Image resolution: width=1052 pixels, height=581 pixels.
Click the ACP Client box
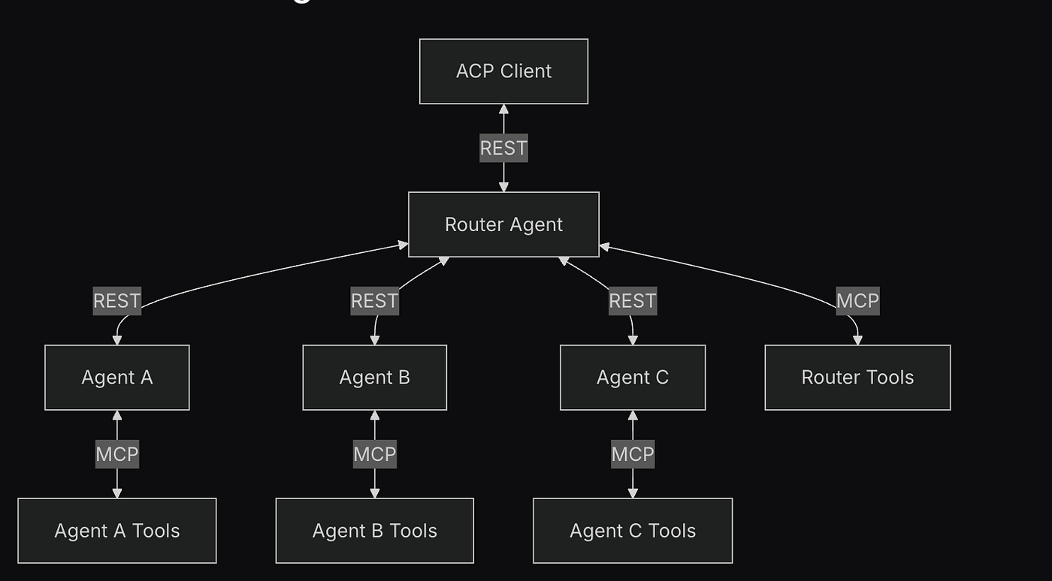coord(503,71)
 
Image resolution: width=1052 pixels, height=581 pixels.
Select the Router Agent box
coord(503,224)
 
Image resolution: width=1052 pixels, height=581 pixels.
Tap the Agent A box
coord(117,378)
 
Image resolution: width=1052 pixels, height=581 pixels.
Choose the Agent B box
coord(374,378)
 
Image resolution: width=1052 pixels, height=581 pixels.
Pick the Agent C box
coord(633,378)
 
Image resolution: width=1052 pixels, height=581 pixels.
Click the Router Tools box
coord(857,378)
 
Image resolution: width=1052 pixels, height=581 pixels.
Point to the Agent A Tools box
coord(117,531)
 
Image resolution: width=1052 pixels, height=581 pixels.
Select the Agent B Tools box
coord(374,531)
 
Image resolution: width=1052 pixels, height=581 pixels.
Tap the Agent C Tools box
coord(633,531)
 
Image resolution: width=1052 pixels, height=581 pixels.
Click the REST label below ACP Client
coord(503,149)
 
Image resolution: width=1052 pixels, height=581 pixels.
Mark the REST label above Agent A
coord(117,301)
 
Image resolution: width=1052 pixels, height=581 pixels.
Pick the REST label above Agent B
coord(374,301)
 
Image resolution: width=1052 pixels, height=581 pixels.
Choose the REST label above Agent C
coord(633,301)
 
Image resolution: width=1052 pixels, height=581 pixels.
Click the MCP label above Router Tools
coord(857,301)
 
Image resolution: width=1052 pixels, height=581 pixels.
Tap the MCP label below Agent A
coord(117,454)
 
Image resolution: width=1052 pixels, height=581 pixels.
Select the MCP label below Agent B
coord(374,454)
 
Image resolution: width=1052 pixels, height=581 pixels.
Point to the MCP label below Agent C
coord(633,454)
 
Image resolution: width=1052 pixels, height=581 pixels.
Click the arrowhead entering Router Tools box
coord(857,340)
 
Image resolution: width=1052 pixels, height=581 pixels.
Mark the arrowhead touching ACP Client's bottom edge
coord(503,110)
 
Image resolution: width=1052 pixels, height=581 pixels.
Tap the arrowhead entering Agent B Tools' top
coord(374,493)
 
